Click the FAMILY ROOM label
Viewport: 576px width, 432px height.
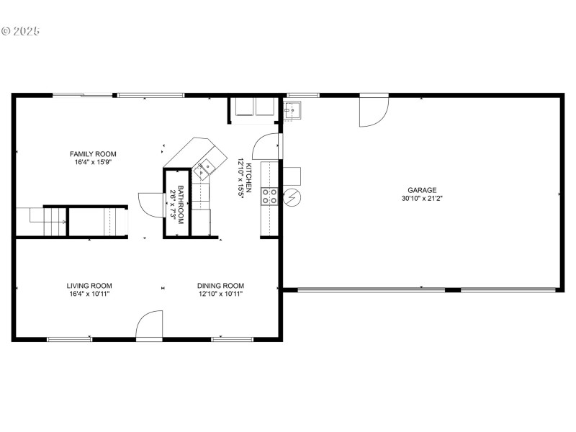(93, 154)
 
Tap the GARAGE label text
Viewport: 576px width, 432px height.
(422, 190)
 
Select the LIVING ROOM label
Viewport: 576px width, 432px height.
(89, 286)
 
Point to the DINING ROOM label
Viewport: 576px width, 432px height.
(220, 286)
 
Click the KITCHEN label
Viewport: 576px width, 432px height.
(248, 178)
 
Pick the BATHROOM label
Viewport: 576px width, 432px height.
(181, 204)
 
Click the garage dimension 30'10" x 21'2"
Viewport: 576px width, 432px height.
(422, 199)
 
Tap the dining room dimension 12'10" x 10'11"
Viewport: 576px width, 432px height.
(220, 294)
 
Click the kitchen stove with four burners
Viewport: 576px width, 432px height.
(269, 196)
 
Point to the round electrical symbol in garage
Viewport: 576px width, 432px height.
(292, 197)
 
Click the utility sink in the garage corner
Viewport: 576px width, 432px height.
(292, 111)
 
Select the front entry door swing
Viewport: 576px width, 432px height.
(150, 325)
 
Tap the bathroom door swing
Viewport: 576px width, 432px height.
(151, 204)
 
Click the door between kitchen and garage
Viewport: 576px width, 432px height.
(266, 146)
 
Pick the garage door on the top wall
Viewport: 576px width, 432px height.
(374, 110)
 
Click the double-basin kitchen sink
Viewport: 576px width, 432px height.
(204, 168)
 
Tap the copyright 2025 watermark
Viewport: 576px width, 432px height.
(20, 31)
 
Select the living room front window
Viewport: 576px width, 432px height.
(69, 339)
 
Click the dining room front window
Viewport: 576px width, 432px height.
(232, 339)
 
